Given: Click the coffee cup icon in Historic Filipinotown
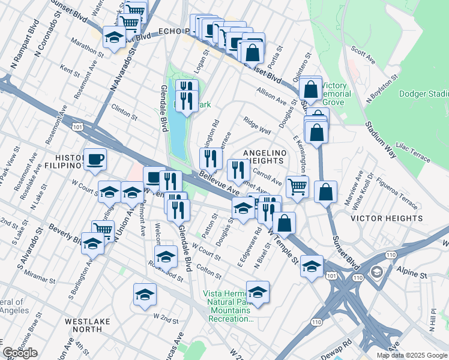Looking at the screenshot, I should tap(95, 160).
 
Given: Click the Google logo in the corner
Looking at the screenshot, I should tap(20, 353).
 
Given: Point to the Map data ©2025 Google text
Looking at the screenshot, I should tap(412, 355).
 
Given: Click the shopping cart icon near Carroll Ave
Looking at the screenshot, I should tap(297, 186).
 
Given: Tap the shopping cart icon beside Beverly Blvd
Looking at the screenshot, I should tap(103, 230).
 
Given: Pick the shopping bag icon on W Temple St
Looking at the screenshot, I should tap(286, 223).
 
